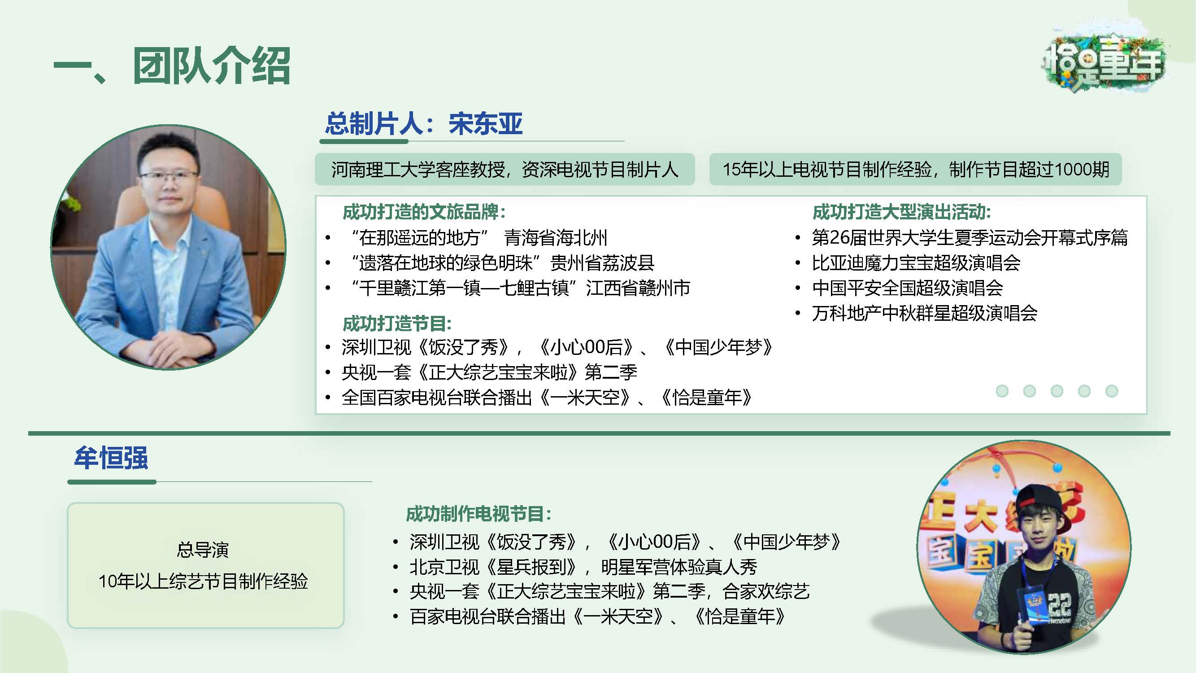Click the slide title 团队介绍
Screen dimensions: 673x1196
pyautogui.click(x=212, y=66)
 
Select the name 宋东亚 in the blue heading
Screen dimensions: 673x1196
pyautogui.click(x=486, y=123)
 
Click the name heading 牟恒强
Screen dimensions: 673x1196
pyautogui.click(x=111, y=458)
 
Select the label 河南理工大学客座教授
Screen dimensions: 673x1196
pyautogui.click(x=418, y=170)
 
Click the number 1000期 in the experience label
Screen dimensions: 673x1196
pyautogui.click(x=1082, y=170)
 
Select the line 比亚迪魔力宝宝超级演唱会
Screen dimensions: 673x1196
pyautogui.click(x=916, y=263)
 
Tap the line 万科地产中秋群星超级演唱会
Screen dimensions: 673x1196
pyautogui.click(x=924, y=313)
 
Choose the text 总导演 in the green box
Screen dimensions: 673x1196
pyautogui.click(x=203, y=550)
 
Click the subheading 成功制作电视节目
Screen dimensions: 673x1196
pyautogui.click(x=478, y=514)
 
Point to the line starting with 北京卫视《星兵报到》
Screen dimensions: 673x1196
pyautogui.click(x=583, y=567)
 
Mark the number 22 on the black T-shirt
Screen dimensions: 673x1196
pyautogui.click(x=1060, y=604)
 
